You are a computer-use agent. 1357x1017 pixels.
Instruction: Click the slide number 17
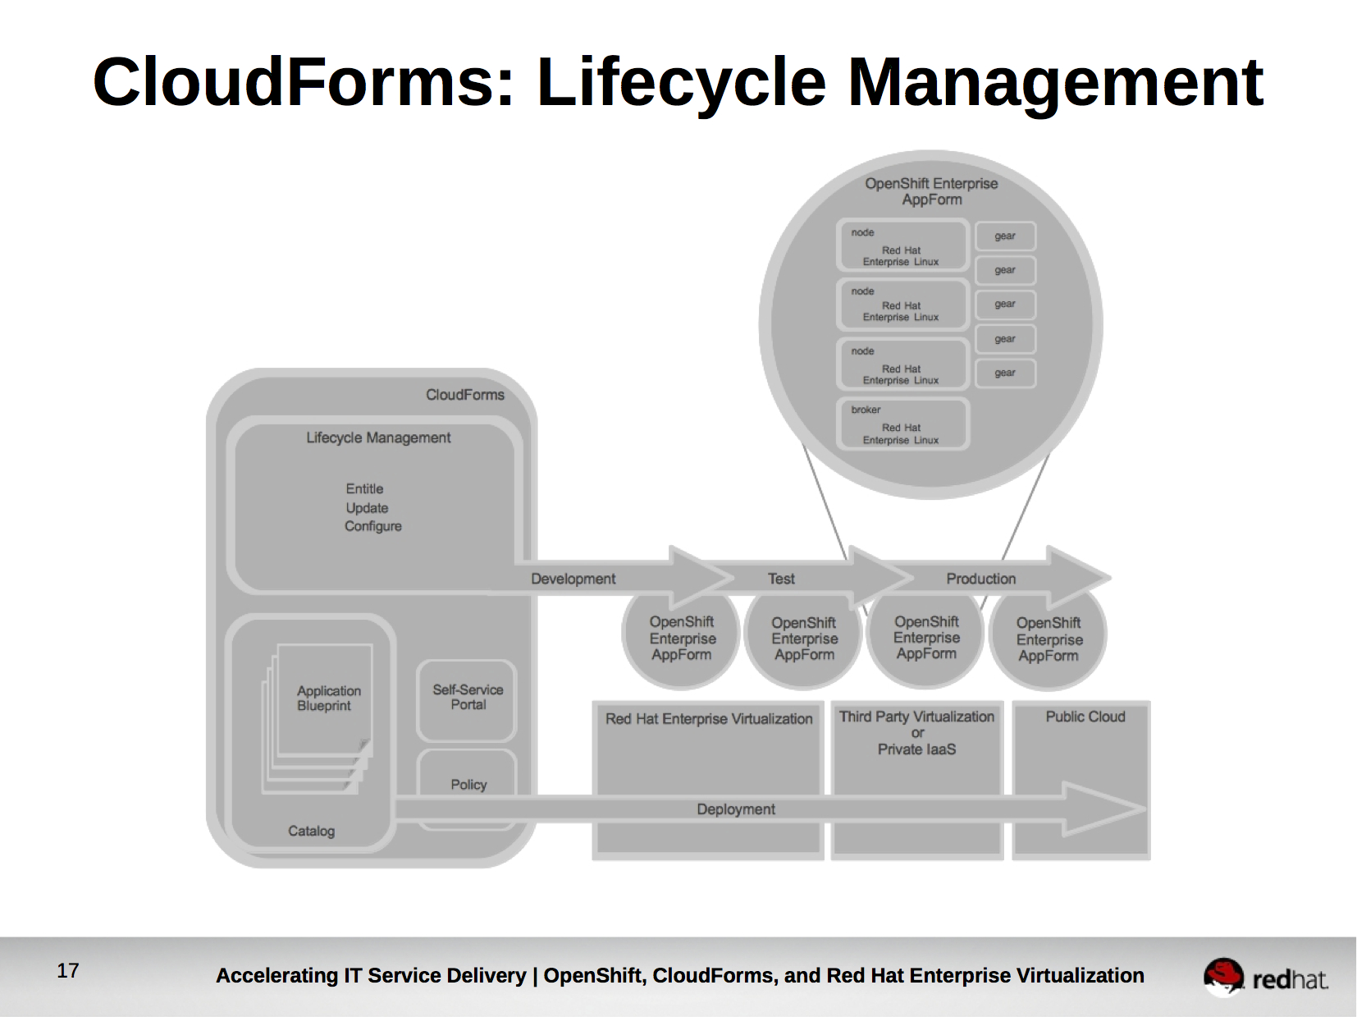click(x=68, y=971)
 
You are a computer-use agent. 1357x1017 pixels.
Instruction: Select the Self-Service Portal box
click(x=467, y=699)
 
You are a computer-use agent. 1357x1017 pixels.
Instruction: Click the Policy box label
click(x=468, y=785)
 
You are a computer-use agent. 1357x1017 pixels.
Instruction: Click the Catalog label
click(x=311, y=831)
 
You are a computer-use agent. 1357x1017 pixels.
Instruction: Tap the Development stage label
click(x=573, y=579)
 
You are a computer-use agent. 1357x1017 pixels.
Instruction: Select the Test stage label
click(x=781, y=579)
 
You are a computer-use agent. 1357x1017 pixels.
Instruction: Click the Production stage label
click(x=980, y=579)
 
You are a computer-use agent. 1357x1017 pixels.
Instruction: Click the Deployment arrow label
click(x=735, y=809)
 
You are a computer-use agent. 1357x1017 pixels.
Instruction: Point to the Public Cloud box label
click(x=1085, y=717)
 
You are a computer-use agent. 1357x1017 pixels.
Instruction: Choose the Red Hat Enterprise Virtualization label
click(x=709, y=719)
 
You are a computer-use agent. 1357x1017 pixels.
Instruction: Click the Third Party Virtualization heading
click(x=916, y=717)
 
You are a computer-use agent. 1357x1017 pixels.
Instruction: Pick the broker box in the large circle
click(x=902, y=424)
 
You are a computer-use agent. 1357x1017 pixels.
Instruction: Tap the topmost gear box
click(x=1005, y=236)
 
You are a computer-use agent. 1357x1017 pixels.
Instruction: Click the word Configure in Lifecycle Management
click(x=372, y=526)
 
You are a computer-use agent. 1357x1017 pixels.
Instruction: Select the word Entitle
click(x=364, y=488)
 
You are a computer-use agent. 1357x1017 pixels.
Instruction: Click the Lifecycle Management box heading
click(x=378, y=437)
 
